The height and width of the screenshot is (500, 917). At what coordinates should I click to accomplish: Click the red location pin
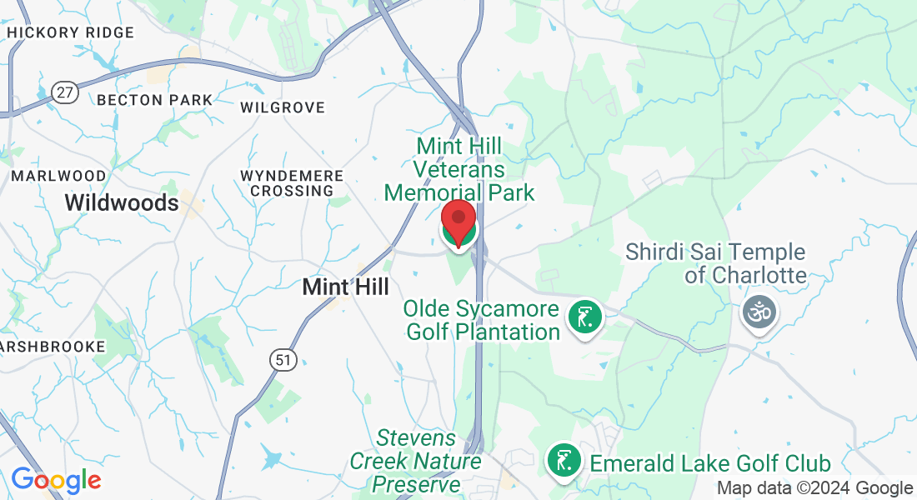click(x=458, y=222)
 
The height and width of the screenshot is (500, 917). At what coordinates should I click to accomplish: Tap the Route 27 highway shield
click(x=64, y=92)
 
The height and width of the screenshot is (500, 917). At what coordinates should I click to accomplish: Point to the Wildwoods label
click(x=122, y=202)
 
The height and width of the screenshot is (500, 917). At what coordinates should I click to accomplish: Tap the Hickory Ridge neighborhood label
click(x=69, y=32)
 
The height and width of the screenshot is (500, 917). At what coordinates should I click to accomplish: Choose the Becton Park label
click(x=155, y=100)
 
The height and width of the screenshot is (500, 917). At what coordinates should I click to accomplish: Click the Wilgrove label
click(x=282, y=108)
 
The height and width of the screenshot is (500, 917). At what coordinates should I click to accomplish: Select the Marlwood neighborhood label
click(x=58, y=177)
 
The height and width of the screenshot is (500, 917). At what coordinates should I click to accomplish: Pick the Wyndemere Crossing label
click(x=292, y=183)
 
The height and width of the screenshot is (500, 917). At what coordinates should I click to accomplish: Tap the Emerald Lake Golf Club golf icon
click(x=564, y=459)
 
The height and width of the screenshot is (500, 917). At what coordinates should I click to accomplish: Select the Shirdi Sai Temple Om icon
click(x=759, y=312)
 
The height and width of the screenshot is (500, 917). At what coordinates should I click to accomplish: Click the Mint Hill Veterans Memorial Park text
click(x=459, y=170)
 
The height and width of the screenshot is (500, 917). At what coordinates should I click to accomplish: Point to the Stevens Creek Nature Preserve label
click(x=416, y=461)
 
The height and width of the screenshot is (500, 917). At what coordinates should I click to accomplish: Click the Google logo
click(x=56, y=480)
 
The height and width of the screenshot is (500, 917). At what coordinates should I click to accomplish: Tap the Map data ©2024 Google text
click(x=814, y=488)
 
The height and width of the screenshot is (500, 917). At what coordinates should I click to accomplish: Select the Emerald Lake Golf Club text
click(x=710, y=463)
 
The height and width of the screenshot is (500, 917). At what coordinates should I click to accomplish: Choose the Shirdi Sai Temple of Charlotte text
click(x=715, y=263)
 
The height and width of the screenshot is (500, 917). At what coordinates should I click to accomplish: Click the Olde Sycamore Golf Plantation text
click(x=482, y=321)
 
